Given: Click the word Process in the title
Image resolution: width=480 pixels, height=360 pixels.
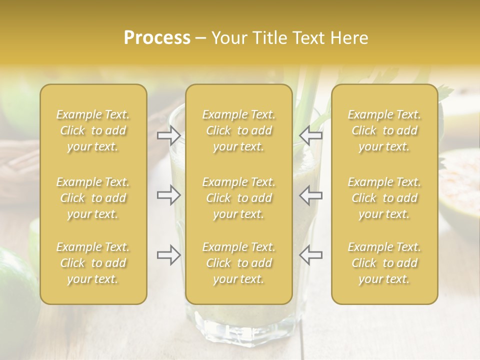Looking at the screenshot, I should pyautogui.click(x=157, y=38).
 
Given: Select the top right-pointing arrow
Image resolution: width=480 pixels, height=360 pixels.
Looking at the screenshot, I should pyautogui.click(x=169, y=134).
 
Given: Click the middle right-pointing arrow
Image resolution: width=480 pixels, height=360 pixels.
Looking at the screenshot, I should pyautogui.click(x=169, y=195).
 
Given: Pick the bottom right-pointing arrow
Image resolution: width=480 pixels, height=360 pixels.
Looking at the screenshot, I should pyautogui.click(x=169, y=255).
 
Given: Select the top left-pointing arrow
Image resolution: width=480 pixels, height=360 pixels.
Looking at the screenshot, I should pyautogui.click(x=311, y=134).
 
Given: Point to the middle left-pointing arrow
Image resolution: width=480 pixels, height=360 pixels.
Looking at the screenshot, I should pyautogui.click(x=311, y=195).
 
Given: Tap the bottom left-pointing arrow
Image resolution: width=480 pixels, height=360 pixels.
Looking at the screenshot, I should pyautogui.click(x=311, y=255).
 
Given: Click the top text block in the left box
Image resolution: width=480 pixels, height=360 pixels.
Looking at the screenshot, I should pyautogui.click(x=93, y=130).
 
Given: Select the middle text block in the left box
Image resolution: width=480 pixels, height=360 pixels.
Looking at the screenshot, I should pyautogui.click(x=93, y=198).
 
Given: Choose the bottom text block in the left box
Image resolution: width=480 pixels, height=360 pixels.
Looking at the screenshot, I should pyautogui.click(x=93, y=263).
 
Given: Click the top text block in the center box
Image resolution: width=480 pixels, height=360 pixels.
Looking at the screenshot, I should pyautogui.click(x=239, y=130).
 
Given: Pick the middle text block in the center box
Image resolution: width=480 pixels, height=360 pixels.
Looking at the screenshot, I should pyautogui.click(x=239, y=198).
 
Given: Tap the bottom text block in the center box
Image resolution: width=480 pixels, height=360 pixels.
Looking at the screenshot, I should pyautogui.click(x=239, y=263).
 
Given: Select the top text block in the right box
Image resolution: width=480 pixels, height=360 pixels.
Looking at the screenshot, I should pyautogui.click(x=384, y=130).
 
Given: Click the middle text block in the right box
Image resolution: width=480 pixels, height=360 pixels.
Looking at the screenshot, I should pyautogui.click(x=384, y=198).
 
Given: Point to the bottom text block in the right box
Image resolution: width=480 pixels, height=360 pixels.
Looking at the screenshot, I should pyautogui.click(x=384, y=263).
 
